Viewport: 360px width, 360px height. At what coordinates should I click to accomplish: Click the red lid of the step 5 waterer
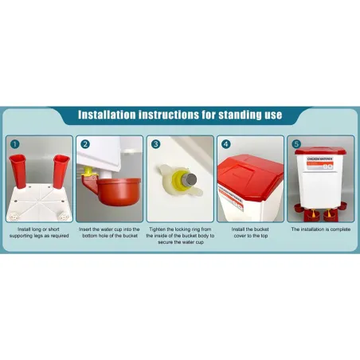tap(322, 152)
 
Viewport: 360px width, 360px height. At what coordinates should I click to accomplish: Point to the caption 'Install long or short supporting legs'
tap(37, 233)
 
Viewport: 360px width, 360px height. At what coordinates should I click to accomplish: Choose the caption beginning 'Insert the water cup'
tap(109, 233)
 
